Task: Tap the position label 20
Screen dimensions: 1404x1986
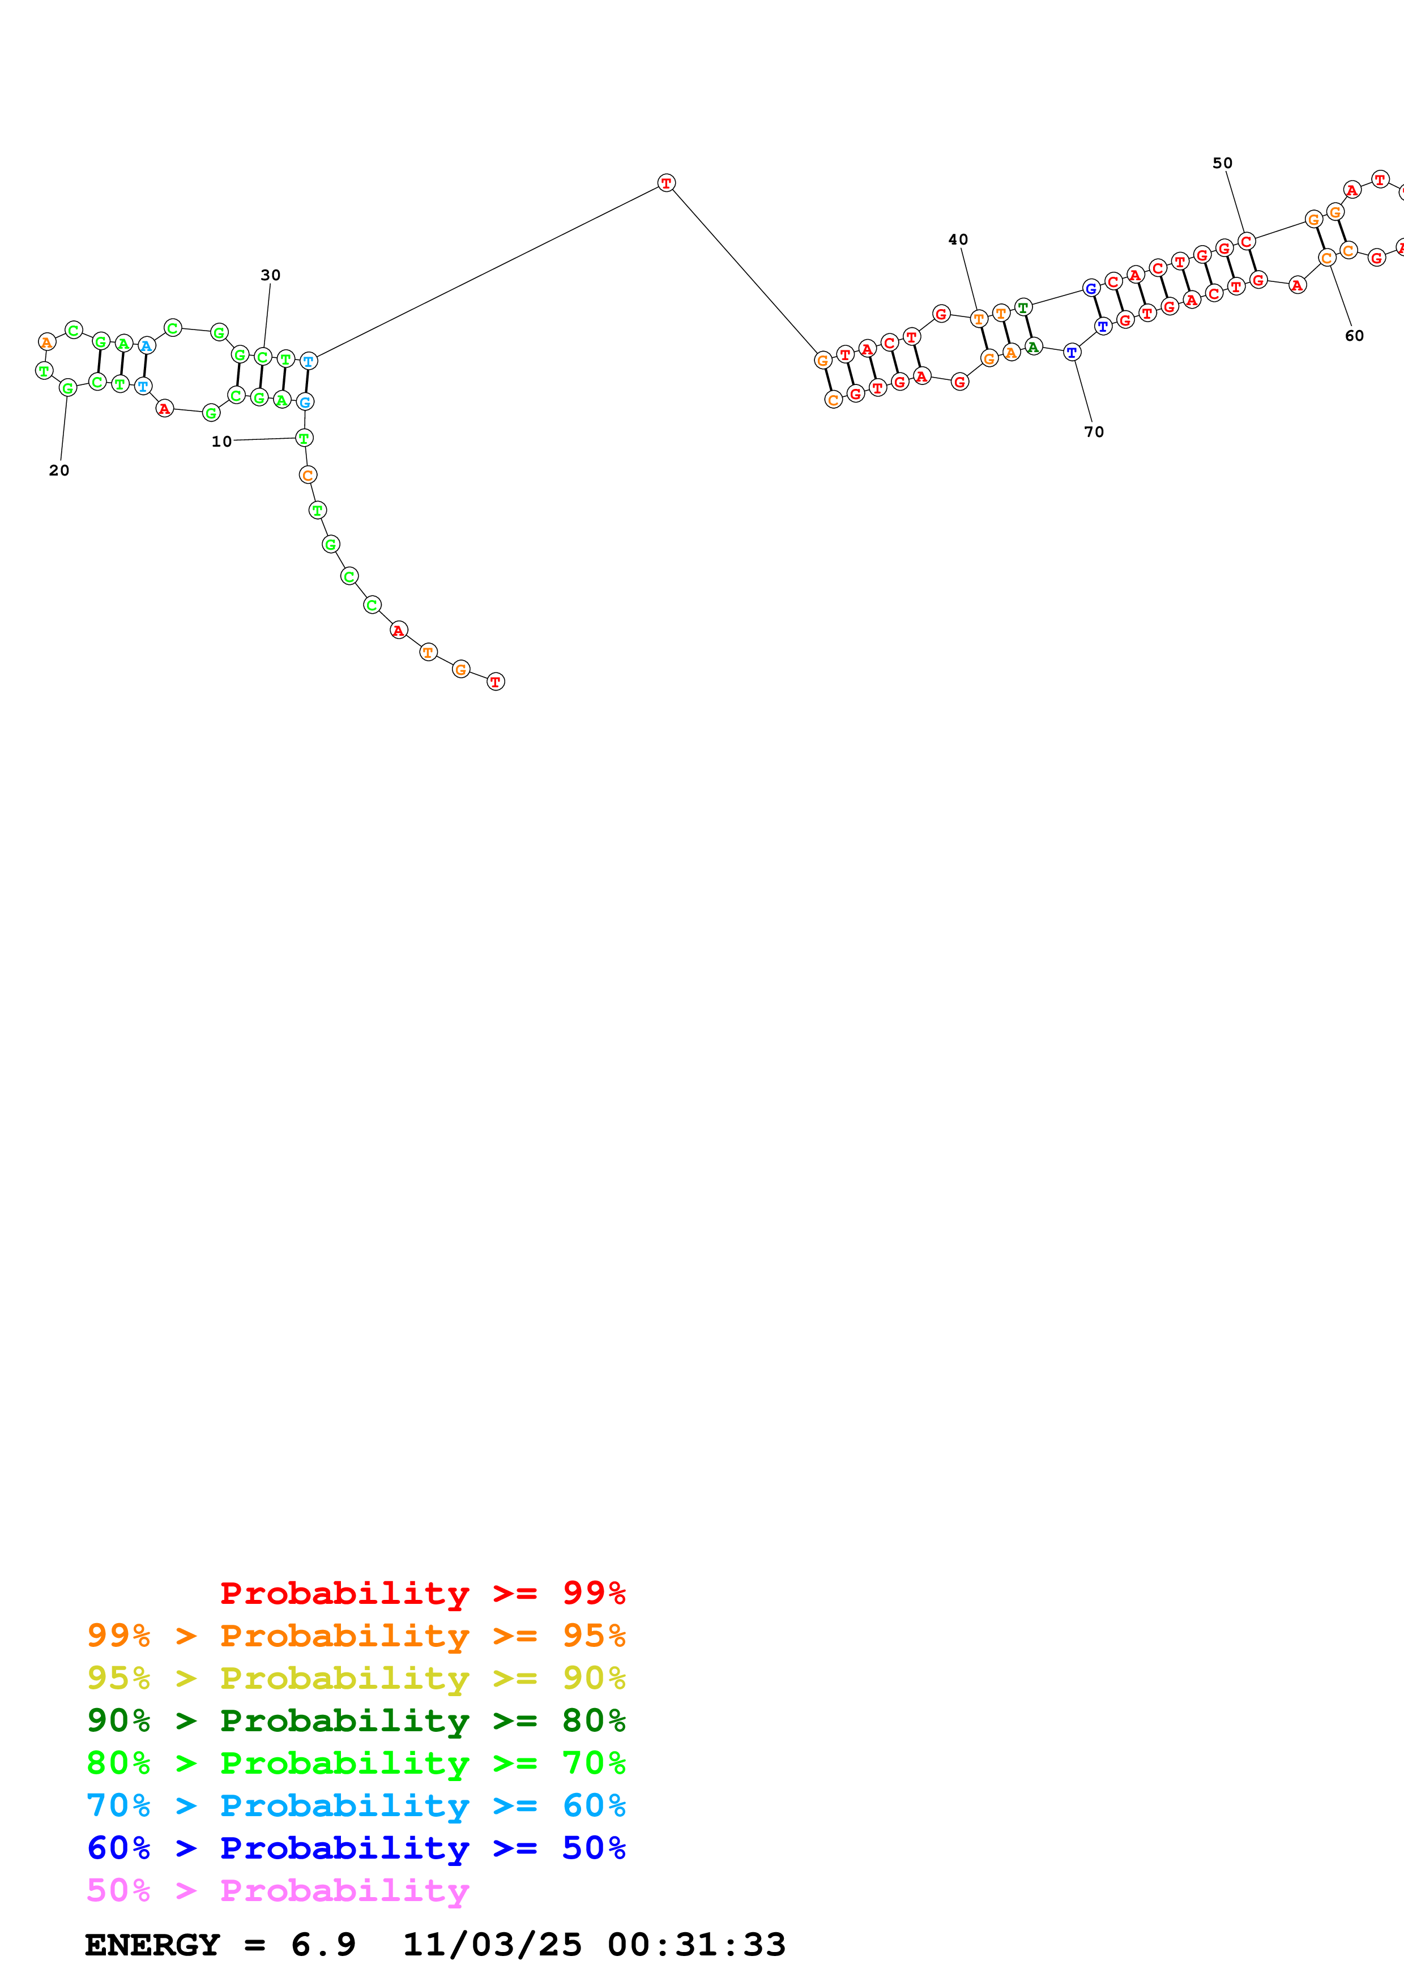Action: point(59,470)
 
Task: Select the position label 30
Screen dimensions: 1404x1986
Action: point(271,275)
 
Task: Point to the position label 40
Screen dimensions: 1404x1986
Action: point(958,239)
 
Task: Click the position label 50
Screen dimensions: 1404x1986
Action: point(1222,164)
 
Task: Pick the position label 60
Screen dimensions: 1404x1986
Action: point(1354,336)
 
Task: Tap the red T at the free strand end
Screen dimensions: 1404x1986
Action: point(495,682)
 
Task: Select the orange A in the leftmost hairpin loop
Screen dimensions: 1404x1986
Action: point(46,343)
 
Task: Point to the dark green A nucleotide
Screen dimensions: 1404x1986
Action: point(1033,347)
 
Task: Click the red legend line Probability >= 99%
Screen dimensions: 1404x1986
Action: point(422,1593)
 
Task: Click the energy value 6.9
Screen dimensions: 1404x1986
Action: point(323,1945)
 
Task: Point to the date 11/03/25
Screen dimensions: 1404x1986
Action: point(492,1945)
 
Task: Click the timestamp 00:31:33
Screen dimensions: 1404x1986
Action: point(697,1945)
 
